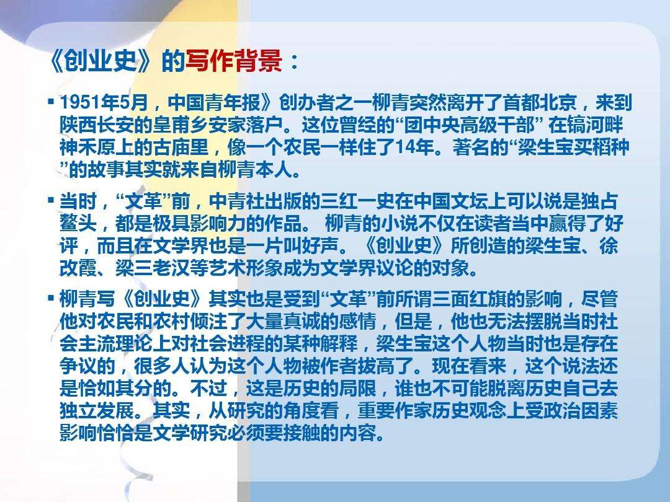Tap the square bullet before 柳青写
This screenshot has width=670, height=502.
[x=51, y=299]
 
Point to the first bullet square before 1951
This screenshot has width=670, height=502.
[x=51, y=100]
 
